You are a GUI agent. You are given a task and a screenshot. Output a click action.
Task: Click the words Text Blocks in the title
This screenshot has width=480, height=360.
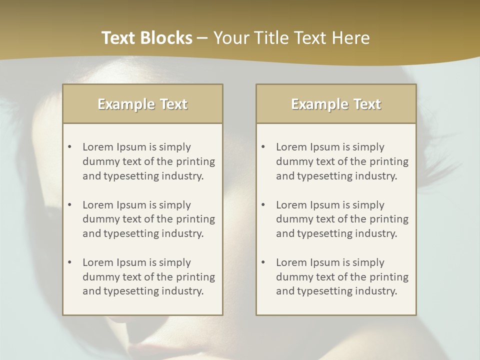[147, 38]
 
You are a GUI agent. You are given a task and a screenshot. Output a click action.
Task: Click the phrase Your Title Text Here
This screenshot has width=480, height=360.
[291, 38]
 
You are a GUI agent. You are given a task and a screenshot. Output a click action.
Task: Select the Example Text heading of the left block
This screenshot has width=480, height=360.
[142, 104]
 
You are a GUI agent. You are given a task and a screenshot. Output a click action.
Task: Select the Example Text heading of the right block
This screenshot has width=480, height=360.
[336, 104]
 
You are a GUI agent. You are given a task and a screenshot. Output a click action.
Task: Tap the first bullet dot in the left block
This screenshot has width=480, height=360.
[69, 147]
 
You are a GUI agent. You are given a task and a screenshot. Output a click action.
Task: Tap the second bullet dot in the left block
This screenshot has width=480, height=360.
[69, 205]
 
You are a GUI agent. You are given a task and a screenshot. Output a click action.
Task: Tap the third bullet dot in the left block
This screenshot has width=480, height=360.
[69, 262]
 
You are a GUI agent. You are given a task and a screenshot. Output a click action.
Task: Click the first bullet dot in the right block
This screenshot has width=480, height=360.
[263, 147]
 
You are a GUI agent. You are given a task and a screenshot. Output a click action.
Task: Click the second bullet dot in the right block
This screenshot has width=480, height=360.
[263, 205]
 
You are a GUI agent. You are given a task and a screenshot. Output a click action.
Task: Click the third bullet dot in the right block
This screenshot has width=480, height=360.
[263, 262]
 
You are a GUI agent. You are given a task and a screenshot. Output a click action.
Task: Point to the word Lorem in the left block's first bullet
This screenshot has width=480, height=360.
[98, 147]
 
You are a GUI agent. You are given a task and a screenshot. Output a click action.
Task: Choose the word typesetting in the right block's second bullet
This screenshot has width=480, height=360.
[325, 233]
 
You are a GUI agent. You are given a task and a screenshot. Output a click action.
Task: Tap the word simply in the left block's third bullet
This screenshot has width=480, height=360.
[175, 262]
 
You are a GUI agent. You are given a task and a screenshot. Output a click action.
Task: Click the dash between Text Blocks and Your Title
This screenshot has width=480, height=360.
[202, 38]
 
